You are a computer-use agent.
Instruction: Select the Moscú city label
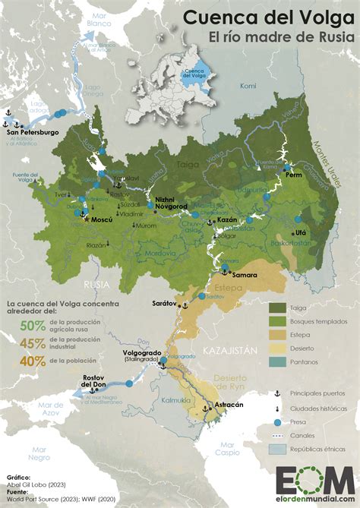click(x=101, y=218)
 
